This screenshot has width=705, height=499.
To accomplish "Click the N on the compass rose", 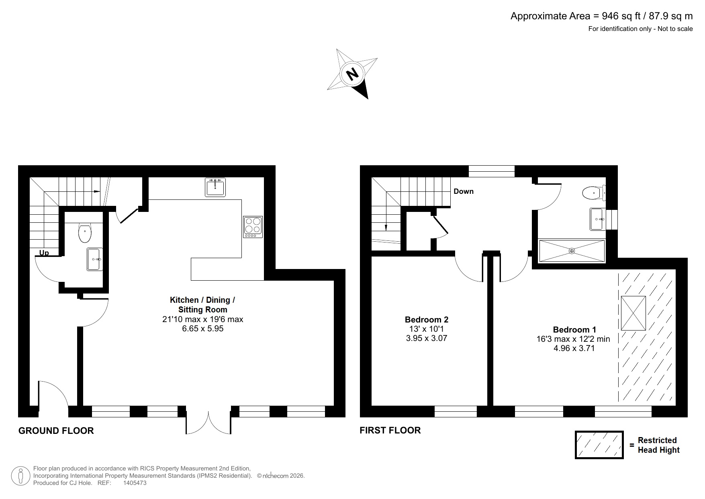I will point(352,74).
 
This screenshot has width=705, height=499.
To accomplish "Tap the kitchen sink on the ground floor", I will point(215,187).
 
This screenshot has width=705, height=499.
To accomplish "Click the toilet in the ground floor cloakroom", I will point(85,233).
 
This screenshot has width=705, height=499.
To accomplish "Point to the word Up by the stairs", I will point(44,253).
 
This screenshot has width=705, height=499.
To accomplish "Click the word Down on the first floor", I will point(464,191).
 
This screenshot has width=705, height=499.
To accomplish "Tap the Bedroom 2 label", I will point(426,320).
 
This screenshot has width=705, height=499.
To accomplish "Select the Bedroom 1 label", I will point(574,330).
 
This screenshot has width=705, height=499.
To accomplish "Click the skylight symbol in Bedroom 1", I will point(633,313).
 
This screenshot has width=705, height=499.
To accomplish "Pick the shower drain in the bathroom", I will point(572,251).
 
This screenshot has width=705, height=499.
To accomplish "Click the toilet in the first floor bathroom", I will point(593,193).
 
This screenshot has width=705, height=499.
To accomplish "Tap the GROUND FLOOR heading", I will point(56,431).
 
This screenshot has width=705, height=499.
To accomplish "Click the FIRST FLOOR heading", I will point(390,430).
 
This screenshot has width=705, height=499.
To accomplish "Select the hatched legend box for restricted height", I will point(599,445).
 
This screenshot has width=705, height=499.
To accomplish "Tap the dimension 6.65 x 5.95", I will point(202,329).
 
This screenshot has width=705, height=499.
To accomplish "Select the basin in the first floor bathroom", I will point(597,219).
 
